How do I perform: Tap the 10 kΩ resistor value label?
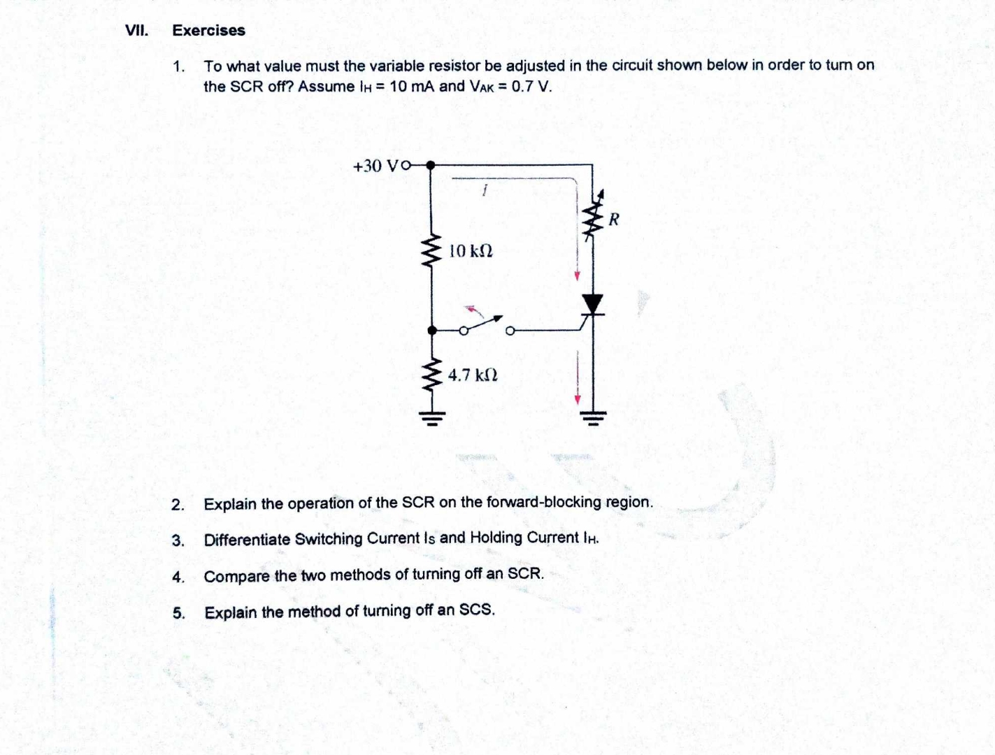(x=471, y=250)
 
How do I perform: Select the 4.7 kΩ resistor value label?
(x=473, y=375)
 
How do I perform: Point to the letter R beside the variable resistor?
(x=614, y=220)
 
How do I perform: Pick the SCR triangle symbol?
(x=593, y=304)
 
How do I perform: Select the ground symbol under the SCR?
(x=594, y=418)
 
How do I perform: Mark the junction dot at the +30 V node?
(x=431, y=166)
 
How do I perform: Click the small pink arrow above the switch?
(x=474, y=310)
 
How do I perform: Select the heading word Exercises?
(x=208, y=31)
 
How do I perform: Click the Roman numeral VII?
(x=136, y=30)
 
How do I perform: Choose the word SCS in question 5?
(x=477, y=610)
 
